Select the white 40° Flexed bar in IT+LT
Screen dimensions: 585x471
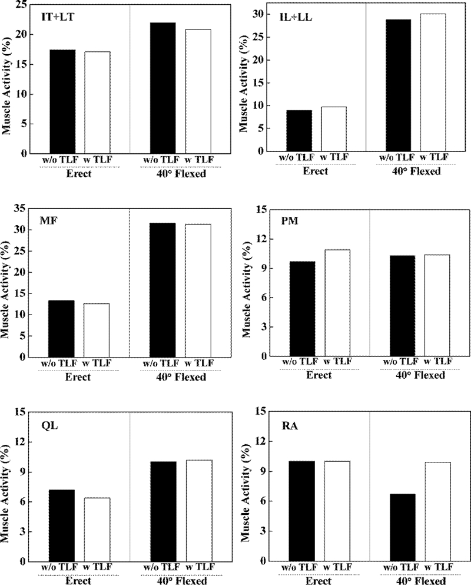198,91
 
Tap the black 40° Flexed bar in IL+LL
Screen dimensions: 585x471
398,85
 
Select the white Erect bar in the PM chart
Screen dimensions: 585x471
337,303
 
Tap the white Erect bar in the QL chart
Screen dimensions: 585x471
97,530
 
